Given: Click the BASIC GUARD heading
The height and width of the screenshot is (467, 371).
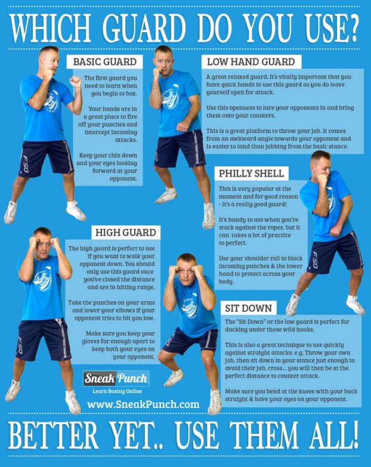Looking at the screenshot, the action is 105,61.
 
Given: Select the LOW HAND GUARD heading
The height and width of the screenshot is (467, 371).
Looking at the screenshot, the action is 251,61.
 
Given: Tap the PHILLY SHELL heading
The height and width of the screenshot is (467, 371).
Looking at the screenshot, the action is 251,174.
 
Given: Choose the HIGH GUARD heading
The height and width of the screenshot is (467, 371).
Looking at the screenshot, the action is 126,233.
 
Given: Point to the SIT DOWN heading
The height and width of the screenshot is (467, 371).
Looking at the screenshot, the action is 248,308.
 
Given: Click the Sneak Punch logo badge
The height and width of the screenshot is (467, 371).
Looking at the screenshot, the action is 116,378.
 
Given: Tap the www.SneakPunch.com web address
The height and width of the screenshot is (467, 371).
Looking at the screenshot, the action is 143,404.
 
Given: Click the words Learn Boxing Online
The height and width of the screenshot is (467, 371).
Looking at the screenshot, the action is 117,391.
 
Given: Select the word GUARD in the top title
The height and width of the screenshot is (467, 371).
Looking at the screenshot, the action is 144,28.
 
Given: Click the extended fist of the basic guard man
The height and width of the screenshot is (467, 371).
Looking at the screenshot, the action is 75,81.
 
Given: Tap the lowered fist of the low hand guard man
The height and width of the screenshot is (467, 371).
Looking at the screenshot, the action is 182,127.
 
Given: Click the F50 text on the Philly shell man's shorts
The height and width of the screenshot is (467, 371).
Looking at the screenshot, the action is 315,259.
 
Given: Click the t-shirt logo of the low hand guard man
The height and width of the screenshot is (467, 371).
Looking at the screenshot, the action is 171,97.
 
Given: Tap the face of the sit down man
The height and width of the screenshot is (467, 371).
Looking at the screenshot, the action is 185,272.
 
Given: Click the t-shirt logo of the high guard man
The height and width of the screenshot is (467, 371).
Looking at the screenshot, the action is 43,279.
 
